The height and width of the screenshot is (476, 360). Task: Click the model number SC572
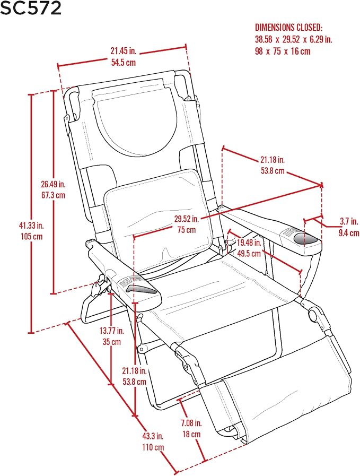coord(31,8)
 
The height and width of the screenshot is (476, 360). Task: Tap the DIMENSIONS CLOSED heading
coord(289,28)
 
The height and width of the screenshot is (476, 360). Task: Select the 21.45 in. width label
coord(123,51)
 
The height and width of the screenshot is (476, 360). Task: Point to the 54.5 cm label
coord(123,63)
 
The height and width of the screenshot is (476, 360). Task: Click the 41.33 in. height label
coord(31,225)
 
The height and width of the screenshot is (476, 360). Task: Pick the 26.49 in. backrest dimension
coord(53,184)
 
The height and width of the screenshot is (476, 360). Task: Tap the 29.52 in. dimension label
coord(186,219)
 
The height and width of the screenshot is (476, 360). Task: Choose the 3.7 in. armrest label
coord(348,221)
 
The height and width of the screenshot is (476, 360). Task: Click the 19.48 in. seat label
coord(249,243)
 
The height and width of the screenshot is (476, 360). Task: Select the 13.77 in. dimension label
coord(112,330)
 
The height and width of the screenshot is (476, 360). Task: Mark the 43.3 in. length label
coord(153,436)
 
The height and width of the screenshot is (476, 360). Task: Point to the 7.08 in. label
coord(191,422)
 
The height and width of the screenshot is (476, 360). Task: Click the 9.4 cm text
coord(349,233)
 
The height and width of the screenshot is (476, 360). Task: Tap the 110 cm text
coord(153,447)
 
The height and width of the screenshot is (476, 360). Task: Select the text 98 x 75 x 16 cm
coord(283,51)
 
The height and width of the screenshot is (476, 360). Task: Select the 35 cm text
coord(112,342)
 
